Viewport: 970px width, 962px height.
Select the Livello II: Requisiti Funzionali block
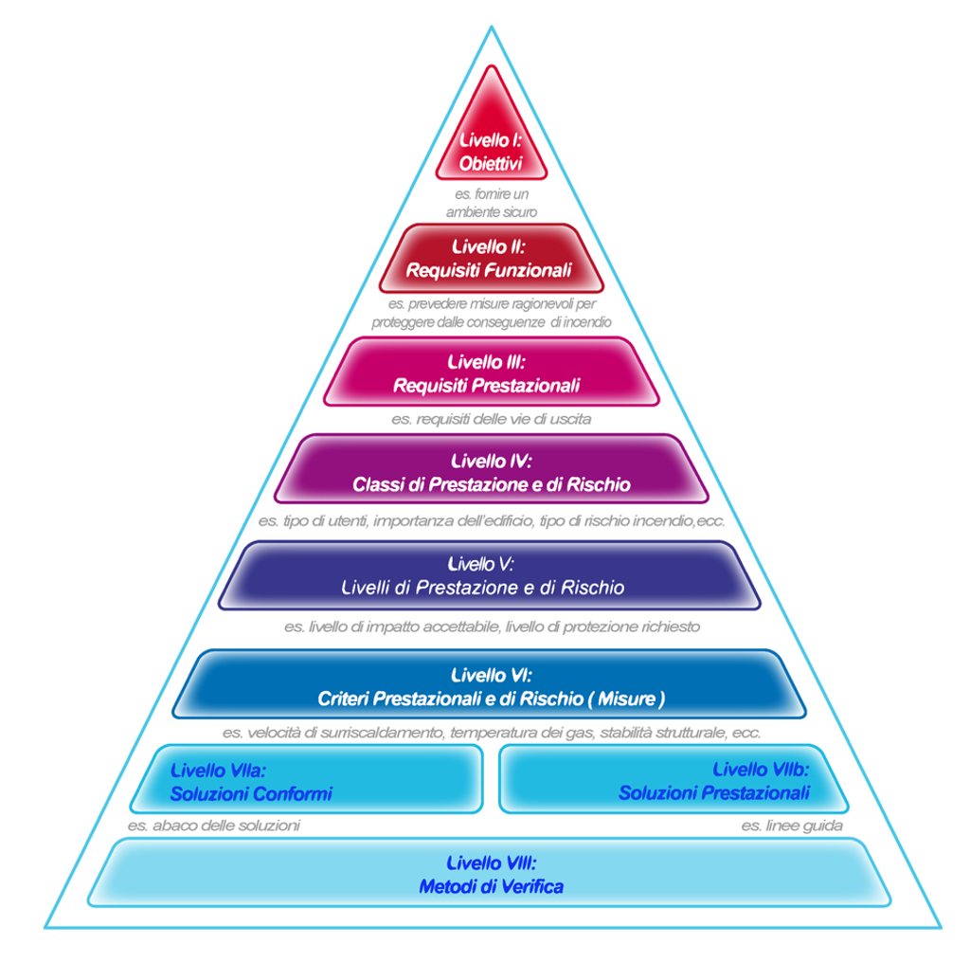click(490, 258)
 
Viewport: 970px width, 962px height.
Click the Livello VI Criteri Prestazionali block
click(490, 684)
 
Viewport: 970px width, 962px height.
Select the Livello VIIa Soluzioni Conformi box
click(308, 779)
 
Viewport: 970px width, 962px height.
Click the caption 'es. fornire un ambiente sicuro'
click(491, 203)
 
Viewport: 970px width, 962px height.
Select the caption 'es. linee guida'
click(792, 826)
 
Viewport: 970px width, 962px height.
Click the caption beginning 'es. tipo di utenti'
click(491, 521)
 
